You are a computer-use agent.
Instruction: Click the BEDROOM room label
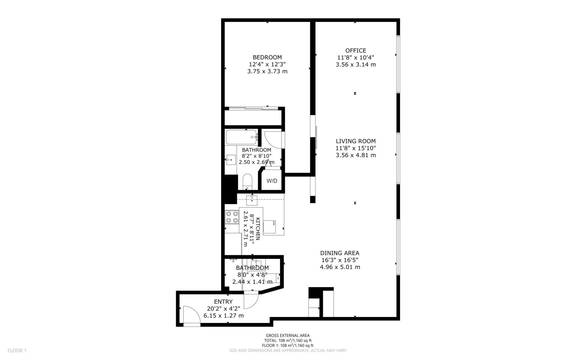(x=267, y=57)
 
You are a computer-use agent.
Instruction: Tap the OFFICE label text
(x=355, y=51)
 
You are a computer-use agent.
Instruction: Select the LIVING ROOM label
(x=355, y=141)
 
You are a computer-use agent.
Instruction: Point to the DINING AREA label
(x=340, y=253)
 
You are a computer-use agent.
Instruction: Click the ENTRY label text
(x=223, y=301)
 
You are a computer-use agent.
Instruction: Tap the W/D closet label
(x=272, y=181)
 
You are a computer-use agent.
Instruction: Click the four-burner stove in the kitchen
(x=232, y=217)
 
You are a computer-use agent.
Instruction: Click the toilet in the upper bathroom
(x=247, y=182)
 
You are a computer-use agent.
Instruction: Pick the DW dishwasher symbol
(x=269, y=227)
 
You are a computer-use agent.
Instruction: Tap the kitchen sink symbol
(x=252, y=200)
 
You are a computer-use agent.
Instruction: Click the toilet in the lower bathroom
(x=272, y=279)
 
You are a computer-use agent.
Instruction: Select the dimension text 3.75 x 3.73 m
(x=267, y=71)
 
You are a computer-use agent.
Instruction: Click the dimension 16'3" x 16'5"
(x=340, y=260)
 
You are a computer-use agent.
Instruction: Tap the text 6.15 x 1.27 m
(x=223, y=315)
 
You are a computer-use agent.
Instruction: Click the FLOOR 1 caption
(x=17, y=351)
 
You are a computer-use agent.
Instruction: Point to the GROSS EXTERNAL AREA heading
(x=288, y=335)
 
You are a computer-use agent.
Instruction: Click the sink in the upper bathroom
(x=231, y=160)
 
